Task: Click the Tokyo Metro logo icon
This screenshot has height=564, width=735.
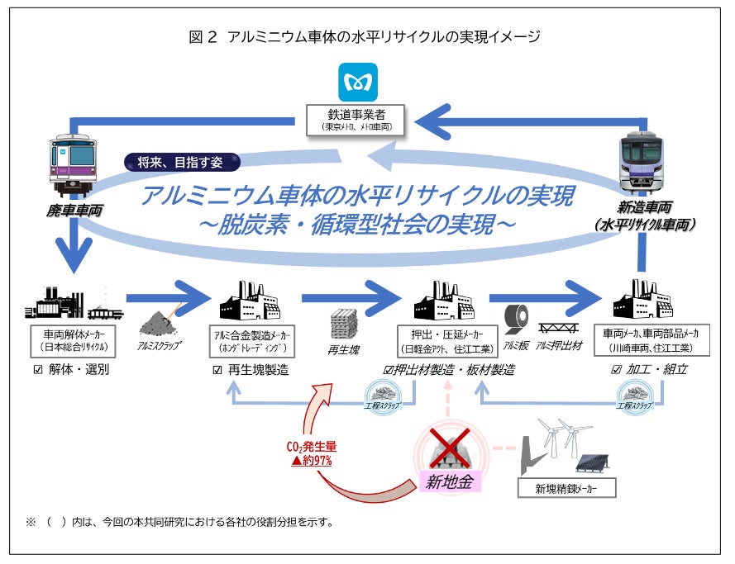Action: (358, 83)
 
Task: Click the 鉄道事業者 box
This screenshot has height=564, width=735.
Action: (358, 120)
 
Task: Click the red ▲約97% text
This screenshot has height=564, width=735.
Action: (311, 461)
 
